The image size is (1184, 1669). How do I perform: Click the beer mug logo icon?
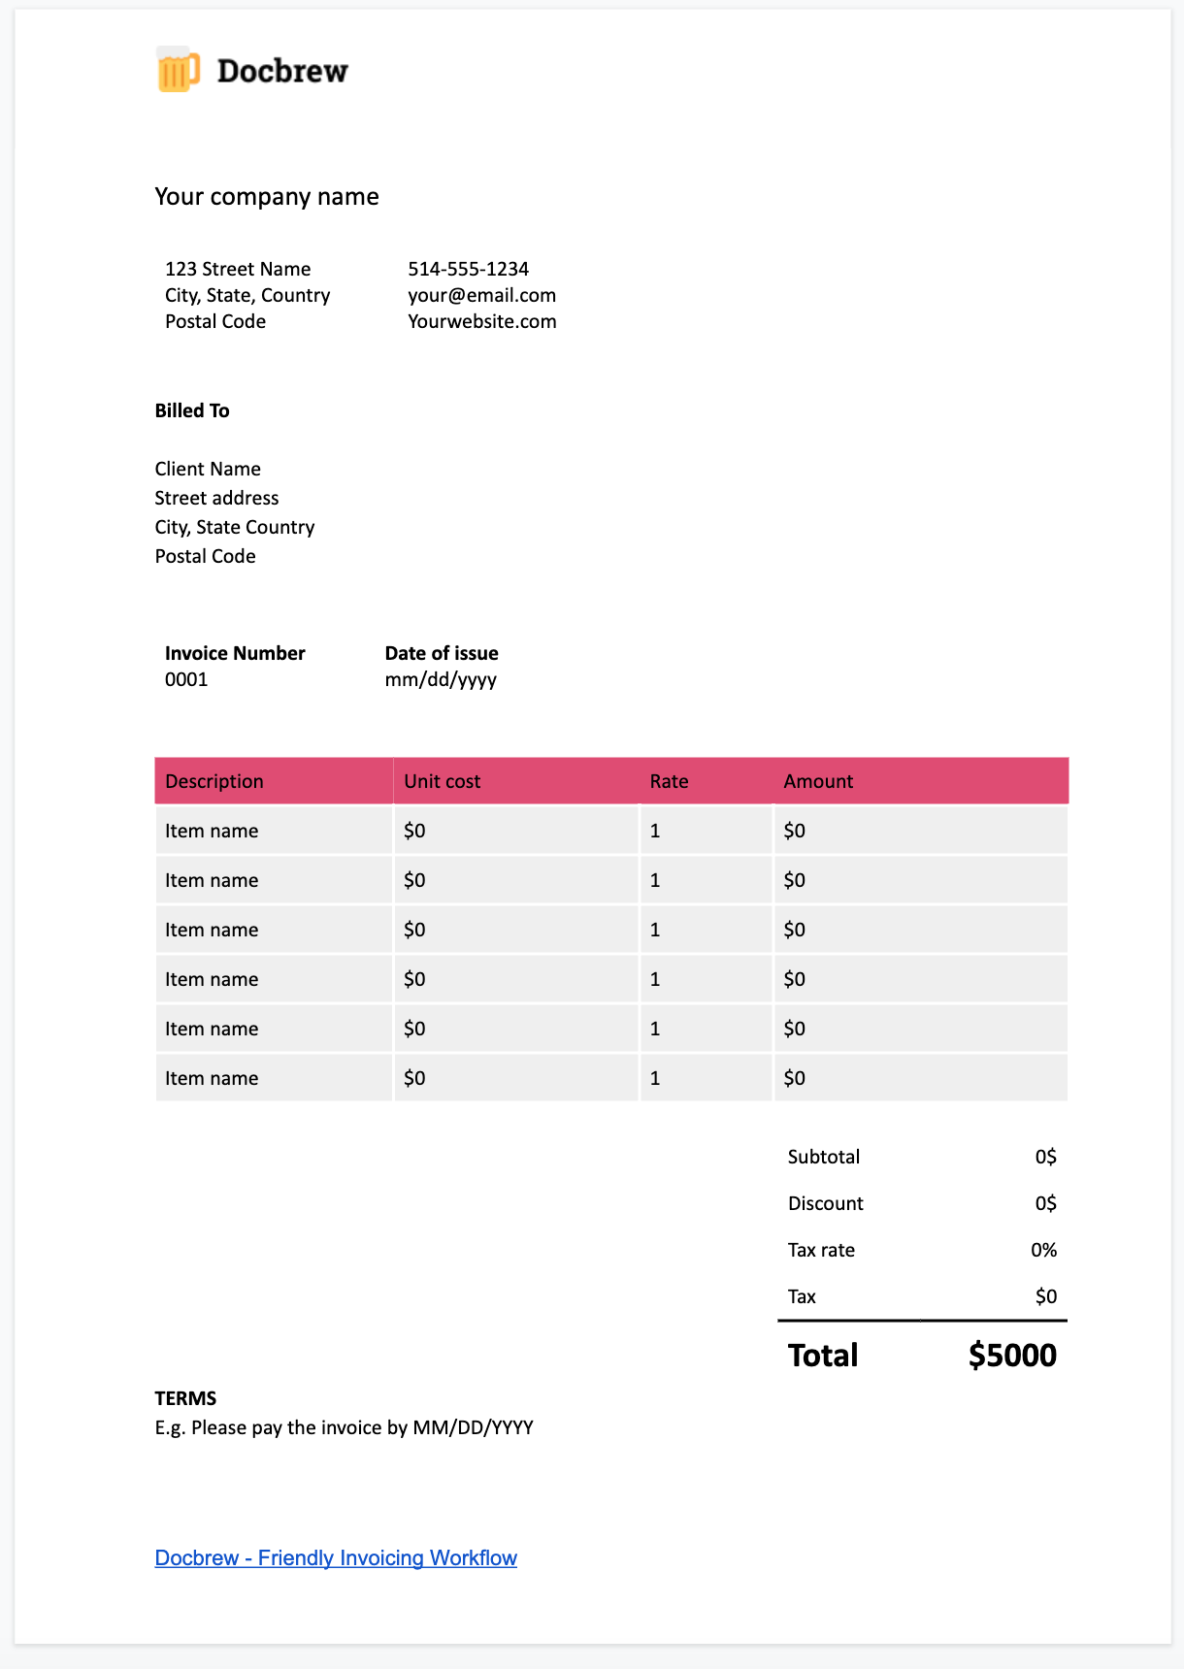pyautogui.click(x=178, y=70)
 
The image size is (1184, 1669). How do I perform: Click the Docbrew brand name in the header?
pyautogui.click(x=282, y=71)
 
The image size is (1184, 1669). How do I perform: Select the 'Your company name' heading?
pyautogui.click(x=267, y=197)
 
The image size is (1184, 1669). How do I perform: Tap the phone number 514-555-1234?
pyautogui.click(x=468, y=269)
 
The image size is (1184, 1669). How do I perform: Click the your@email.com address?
pyautogui.click(x=481, y=295)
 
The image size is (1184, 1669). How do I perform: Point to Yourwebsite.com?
pyautogui.click(x=481, y=321)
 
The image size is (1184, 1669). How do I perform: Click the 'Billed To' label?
pyautogui.click(x=192, y=410)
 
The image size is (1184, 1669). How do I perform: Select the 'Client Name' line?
pyautogui.click(x=208, y=469)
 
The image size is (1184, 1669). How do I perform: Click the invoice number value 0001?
pyautogui.click(x=186, y=679)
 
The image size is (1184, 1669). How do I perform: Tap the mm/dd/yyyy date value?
pyautogui.click(x=441, y=679)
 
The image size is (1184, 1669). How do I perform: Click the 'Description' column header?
pyautogui.click(x=214, y=781)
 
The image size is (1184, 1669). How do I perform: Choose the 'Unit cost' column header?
pyautogui.click(x=442, y=781)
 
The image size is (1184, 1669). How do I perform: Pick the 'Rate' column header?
pyautogui.click(x=669, y=781)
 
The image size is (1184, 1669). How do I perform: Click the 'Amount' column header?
pyautogui.click(x=818, y=781)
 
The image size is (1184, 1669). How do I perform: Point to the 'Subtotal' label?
pyautogui.click(x=824, y=1157)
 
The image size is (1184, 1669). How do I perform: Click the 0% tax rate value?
pyautogui.click(x=1043, y=1250)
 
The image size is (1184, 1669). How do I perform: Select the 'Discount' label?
pyautogui.click(x=825, y=1203)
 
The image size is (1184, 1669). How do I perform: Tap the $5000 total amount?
pyautogui.click(x=1012, y=1355)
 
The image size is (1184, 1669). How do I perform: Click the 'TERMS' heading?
pyautogui.click(x=185, y=1398)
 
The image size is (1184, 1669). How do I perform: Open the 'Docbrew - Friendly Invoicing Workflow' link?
pyautogui.click(x=336, y=1557)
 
